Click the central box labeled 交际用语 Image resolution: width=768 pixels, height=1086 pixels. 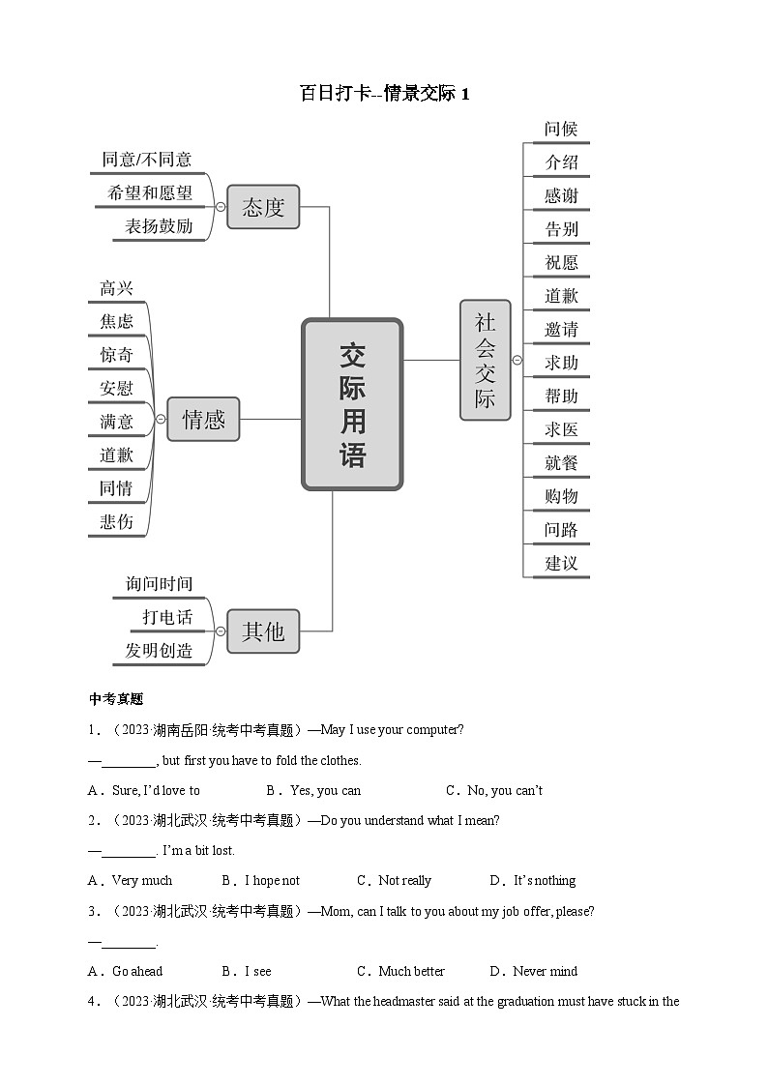click(x=352, y=404)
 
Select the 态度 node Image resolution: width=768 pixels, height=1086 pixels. click(x=263, y=207)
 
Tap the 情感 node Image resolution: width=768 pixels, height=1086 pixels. click(x=203, y=419)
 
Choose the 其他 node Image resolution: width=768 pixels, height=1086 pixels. click(x=263, y=631)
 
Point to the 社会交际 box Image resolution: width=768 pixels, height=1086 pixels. click(x=485, y=360)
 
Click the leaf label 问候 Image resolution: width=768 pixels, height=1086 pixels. click(x=561, y=129)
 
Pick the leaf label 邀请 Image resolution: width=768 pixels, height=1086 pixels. click(x=561, y=329)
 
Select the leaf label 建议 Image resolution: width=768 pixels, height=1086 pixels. click(x=561, y=563)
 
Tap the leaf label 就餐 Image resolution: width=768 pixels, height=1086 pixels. click(x=561, y=462)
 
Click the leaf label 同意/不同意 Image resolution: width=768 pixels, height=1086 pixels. click(x=147, y=160)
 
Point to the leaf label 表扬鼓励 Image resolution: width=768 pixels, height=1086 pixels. click(x=159, y=226)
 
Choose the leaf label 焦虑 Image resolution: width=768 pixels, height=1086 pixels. click(x=117, y=321)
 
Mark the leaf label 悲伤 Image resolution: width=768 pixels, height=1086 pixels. click(x=117, y=521)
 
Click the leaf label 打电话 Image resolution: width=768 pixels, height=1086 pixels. click(x=167, y=617)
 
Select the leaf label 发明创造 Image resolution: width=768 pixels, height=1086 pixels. click(x=159, y=650)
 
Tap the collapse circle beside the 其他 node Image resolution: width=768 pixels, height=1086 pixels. click(x=221, y=631)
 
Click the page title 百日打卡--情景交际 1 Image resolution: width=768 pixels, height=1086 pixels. click(x=384, y=94)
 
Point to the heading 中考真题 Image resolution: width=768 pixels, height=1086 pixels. click(x=116, y=699)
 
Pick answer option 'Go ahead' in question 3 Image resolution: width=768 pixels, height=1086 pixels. click(x=136, y=971)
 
